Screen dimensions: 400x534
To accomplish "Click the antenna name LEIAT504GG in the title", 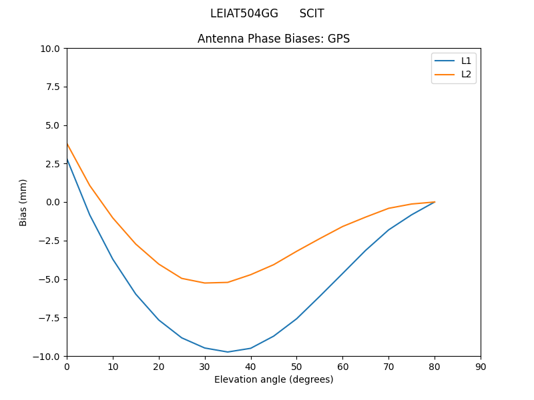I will [244, 14].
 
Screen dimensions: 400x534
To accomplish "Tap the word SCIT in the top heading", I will [312, 14].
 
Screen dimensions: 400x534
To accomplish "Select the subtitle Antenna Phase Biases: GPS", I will [274, 39].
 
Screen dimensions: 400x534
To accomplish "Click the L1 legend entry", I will [466, 61].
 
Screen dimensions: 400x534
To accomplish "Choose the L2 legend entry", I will [466, 74].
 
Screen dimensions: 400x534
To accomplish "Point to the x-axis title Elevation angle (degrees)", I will [274, 380].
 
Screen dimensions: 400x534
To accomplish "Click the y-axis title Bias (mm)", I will [23, 202].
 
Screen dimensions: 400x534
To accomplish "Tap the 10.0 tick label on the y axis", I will [51, 49].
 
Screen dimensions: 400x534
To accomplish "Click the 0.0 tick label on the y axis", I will [53, 202].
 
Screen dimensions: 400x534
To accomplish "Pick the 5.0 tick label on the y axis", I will [53, 125].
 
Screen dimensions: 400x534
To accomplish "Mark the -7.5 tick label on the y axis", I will [49, 317].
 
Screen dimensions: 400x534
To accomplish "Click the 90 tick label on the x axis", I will [481, 367].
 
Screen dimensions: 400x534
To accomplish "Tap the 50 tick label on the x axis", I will [296, 367].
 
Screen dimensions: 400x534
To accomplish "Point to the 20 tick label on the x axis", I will [159, 367].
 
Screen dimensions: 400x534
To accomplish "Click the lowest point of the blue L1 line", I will [228, 352].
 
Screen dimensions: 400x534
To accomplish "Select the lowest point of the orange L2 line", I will [205, 283].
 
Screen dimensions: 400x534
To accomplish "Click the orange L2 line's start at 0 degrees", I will [67, 144].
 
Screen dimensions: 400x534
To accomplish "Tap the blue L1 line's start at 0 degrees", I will [67, 159].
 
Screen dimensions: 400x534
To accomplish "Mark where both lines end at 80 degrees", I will [435, 202].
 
